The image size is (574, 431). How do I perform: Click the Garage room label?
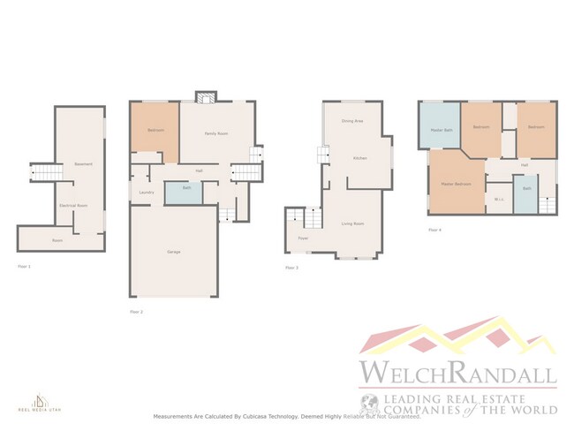click(x=174, y=253)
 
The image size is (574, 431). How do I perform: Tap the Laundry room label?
click(x=147, y=193)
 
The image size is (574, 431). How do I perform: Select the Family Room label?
click(x=216, y=133)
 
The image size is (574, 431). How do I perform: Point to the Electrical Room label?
click(x=72, y=205)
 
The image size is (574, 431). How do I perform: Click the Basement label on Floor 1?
click(x=84, y=164)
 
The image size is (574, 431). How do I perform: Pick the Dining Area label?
click(x=354, y=121)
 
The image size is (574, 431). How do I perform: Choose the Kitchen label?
click(x=359, y=158)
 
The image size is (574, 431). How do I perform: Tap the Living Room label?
click(x=353, y=224)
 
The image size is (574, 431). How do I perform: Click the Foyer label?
click(x=302, y=238)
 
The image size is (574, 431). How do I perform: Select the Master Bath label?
click(x=442, y=131)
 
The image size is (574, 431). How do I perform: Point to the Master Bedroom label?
click(x=456, y=184)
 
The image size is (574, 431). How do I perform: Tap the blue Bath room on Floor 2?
click(x=187, y=188)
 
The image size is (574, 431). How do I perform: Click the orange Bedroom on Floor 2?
click(x=156, y=131)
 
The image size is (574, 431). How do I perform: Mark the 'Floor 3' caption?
click(x=291, y=268)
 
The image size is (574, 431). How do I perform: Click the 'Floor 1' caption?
click(x=24, y=265)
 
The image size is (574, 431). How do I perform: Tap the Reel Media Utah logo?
click(x=37, y=402)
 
